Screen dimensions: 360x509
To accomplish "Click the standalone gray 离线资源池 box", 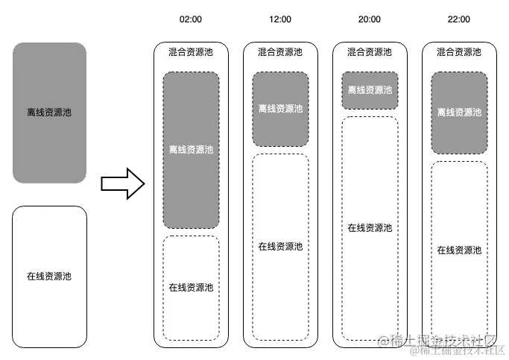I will pyautogui.click(x=50, y=112).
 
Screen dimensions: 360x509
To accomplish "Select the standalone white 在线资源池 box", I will pyautogui.click(x=50, y=277).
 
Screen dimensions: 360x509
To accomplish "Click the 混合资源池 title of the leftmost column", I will pyautogui.click(x=191, y=52).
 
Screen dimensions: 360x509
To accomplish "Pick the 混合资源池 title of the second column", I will pyautogui.click(x=280, y=52).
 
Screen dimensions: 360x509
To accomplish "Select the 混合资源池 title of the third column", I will pyautogui.click(x=370, y=52).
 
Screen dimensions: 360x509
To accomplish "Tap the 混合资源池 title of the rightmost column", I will pyautogui.click(x=459, y=52).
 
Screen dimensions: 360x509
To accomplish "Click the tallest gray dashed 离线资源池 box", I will pyautogui.click(x=191, y=149).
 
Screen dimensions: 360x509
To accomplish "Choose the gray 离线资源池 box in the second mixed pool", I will pyautogui.click(x=280, y=109).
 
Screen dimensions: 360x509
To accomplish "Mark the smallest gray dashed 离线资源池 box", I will pyautogui.click(x=370, y=90).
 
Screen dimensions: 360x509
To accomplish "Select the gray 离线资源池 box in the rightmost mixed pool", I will pyautogui.click(x=459, y=113).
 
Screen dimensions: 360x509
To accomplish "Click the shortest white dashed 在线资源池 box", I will pyautogui.click(x=191, y=286).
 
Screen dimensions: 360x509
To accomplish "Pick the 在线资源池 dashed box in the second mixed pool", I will pyautogui.click(x=280, y=246).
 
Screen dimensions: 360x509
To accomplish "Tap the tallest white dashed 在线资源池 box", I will pyautogui.click(x=370, y=227).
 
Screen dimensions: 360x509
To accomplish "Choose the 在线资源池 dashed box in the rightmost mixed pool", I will pyautogui.click(x=459, y=250).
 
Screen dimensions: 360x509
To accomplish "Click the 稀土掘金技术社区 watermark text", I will pyautogui.click(x=447, y=344).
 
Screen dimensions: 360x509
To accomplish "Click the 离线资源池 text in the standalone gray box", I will pyautogui.click(x=50, y=112).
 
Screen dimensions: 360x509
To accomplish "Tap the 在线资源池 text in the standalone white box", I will pyautogui.click(x=50, y=277).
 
